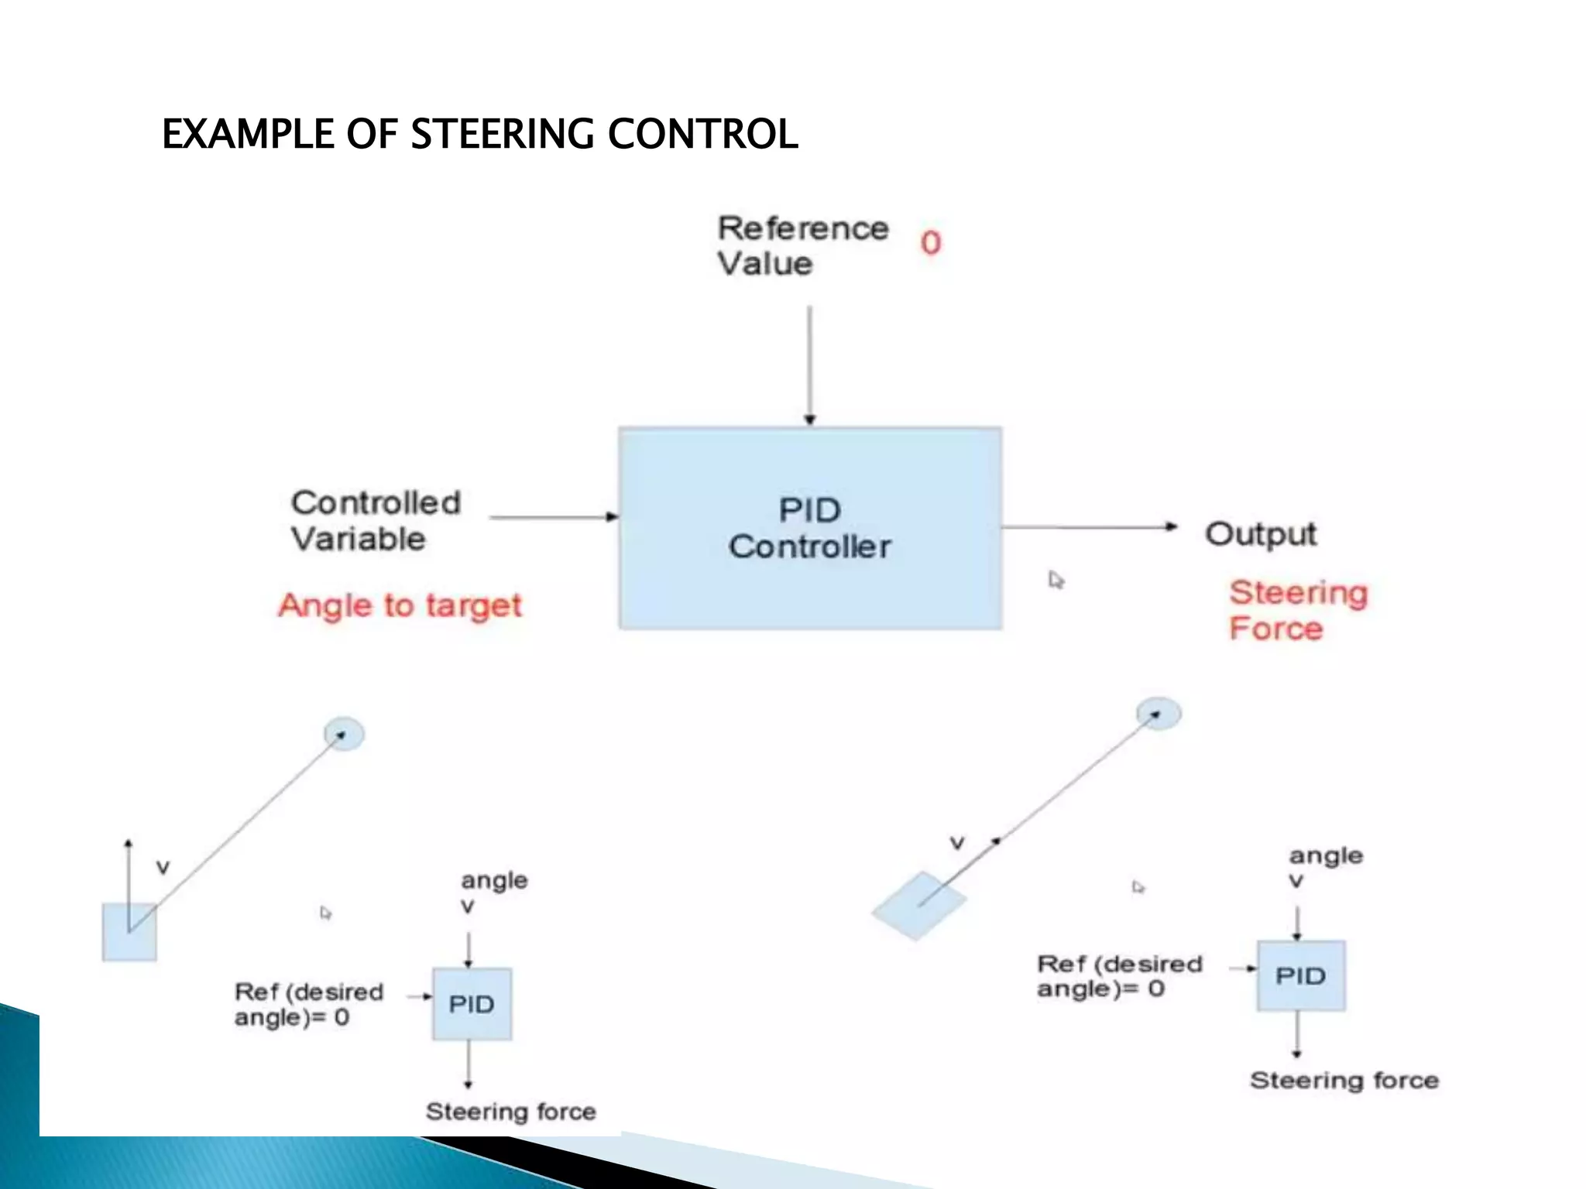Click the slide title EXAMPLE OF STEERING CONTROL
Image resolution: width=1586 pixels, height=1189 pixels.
click(x=479, y=134)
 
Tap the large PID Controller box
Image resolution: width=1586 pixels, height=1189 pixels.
click(x=810, y=528)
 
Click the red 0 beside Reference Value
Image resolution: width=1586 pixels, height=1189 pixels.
click(x=931, y=243)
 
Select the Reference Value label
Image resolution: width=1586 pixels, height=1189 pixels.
click(x=802, y=245)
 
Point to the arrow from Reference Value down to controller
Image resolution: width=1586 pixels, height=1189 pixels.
click(x=810, y=364)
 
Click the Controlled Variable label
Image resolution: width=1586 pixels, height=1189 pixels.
click(x=376, y=520)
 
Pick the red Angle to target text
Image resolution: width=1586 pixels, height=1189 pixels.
click(x=400, y=605)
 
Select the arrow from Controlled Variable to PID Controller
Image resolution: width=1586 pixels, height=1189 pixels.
click(x=554, y=516)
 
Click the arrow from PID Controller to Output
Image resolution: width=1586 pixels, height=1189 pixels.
click(x=1088, y=527)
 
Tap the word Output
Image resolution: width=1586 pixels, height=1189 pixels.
click(x=1261, y=534)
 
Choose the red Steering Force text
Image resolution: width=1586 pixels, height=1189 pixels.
click(x=1299, y=610)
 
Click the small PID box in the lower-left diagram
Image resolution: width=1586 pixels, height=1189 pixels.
click(x=472, y=1004)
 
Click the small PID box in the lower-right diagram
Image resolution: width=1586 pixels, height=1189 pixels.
click(x=1301, y=975)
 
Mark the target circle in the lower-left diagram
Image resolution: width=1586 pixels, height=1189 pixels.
click(x=344, y=734)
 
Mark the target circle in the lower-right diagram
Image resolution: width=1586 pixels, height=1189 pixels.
click(x=1159, y=714)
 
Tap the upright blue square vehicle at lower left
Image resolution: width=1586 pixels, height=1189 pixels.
click(x=129, y=933)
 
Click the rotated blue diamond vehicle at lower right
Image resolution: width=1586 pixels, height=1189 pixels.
click(x=919, y=906)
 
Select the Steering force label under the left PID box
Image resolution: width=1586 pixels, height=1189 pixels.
click(x=511, y=1112)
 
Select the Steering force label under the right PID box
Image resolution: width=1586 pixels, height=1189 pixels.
click(x=1344, y=1080)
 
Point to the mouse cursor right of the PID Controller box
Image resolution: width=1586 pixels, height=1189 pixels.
click(x=1056, y=579)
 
